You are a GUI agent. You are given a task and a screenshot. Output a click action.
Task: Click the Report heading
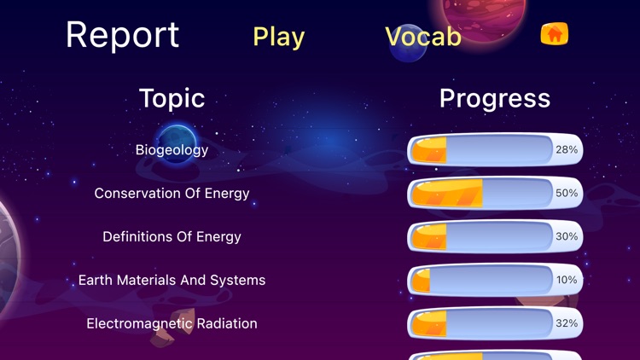(x=122, y=35)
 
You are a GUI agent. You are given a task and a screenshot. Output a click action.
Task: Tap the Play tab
(x=278, y=37)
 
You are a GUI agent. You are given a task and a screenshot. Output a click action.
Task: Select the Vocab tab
(x=423, y=36)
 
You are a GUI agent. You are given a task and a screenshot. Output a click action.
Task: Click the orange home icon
(x=555, y=34)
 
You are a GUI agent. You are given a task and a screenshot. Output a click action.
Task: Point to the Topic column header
(x=172, y=98)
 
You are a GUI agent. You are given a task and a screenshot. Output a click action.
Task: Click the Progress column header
(x=494, y=98)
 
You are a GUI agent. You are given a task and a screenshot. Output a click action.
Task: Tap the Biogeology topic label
(x=172, y=150)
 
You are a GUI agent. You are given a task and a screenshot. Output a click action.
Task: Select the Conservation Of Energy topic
(x=172, y=194)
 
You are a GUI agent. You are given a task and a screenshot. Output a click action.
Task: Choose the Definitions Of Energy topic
(x=172, y=237)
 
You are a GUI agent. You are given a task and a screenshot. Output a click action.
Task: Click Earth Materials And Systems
(x=172, y=281)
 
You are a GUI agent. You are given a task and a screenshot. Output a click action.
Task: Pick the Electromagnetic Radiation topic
(x=172, y=324)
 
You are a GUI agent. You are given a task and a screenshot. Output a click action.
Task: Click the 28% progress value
(x=567, y=150)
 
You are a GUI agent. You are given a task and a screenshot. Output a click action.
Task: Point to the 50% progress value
(x=567, y=194)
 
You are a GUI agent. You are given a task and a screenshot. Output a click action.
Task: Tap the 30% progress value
(x=567, y=237)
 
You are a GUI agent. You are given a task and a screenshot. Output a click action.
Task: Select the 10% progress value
(x=567, y=281)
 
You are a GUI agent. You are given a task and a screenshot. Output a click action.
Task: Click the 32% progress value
(x=567, y=324)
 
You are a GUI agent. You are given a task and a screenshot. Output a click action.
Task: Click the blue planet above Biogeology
(x=177, y=139)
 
